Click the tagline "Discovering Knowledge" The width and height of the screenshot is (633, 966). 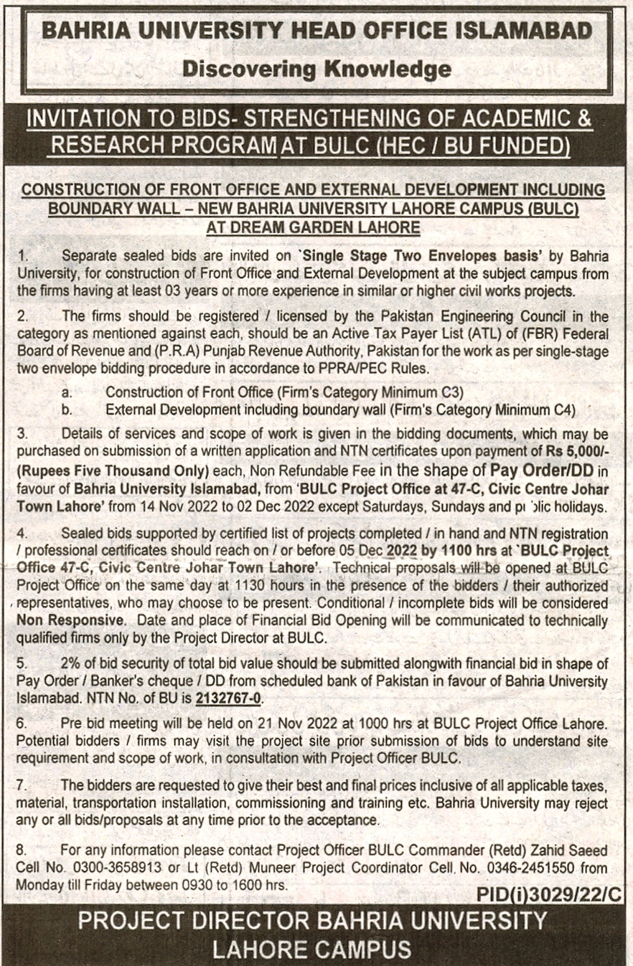pyautogui.click(x=316, y=69)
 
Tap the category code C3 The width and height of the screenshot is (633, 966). pyautogui.click(x=451, y=392)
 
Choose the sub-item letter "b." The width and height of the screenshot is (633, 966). pyautogui.click(x=67, y=410)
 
